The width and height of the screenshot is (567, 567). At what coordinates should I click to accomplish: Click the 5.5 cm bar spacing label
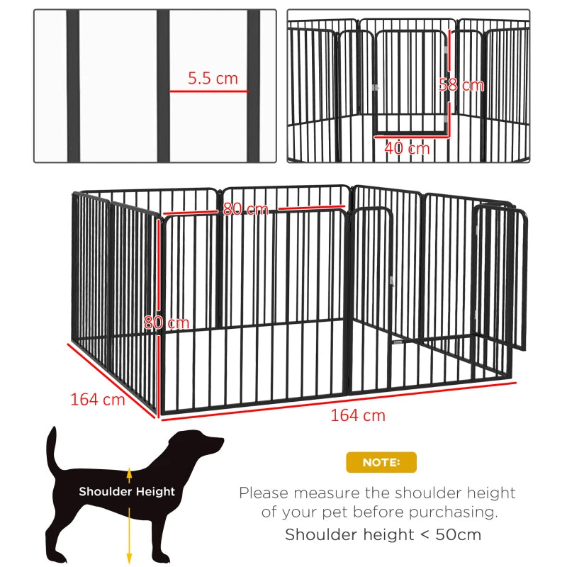[213, 79]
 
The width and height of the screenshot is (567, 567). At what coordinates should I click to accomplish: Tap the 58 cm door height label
[461, 85]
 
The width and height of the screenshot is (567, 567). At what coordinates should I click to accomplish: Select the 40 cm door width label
[407, 148]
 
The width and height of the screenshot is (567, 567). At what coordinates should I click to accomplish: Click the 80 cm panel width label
[245, 209]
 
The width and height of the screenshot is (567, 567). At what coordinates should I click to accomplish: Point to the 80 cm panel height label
[167, 322]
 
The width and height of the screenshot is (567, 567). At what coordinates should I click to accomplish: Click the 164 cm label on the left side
[97, 399]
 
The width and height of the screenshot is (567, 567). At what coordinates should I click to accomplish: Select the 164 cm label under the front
[358, 415]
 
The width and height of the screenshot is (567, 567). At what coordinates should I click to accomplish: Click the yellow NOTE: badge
[381, 462]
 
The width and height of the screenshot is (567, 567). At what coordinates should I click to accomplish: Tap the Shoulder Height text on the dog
[127, 491]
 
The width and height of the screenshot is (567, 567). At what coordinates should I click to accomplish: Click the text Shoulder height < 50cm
[383, 534]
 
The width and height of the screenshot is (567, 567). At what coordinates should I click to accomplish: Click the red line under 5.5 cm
[209, 91]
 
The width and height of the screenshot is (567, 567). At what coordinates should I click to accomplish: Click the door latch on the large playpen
[391, 283]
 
